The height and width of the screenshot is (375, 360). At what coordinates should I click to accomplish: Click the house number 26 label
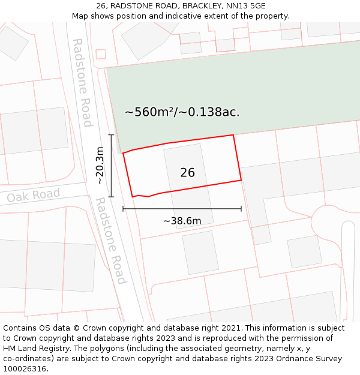pos(187,173)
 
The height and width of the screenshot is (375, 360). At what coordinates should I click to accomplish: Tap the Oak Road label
pos(34,196)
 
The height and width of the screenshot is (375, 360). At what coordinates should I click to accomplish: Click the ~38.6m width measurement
pos(182,221)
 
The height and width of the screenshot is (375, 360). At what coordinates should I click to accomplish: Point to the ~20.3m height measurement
pos(100,166)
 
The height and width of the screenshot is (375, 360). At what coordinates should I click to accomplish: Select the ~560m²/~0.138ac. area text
pos(182,112)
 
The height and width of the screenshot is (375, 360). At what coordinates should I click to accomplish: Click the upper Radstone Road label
pos(82,83)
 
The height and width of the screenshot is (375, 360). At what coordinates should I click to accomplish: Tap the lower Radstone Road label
pos(111,241)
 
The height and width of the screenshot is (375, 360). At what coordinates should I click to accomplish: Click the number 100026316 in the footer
pos(24,368)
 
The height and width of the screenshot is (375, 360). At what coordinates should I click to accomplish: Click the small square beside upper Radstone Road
pos(101,54)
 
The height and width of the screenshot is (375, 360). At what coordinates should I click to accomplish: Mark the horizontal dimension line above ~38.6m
pos(182,209)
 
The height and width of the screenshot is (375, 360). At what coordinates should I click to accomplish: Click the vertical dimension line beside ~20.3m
pos(111,166)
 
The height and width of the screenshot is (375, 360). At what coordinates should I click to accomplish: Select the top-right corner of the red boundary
pos(233,135)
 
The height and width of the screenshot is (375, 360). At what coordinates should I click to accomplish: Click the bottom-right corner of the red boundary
pos(241,179)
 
